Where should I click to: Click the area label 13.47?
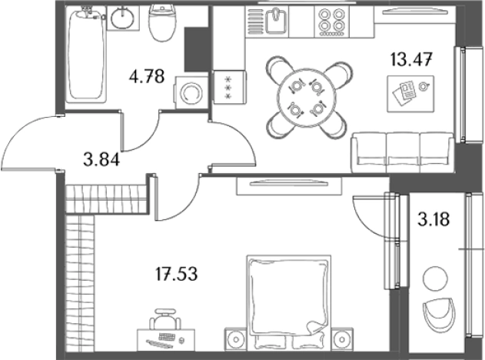coord(411,59)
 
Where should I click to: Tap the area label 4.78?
coord(147,76)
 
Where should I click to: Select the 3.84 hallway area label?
coord(101,160)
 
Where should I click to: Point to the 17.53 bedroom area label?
coord(176,274)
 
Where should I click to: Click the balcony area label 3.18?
coord(434,219)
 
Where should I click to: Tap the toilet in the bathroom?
coord(162,23)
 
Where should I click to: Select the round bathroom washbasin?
coord(123,18)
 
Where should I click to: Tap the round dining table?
coord(307,98)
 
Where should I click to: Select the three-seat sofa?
coord(403,152)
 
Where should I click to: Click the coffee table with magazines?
coord(410,94)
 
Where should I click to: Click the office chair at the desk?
coord(165,318)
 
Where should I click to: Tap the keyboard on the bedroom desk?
coord(167,337)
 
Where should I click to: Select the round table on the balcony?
coord(436,278)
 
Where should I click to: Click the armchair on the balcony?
coord(439,312)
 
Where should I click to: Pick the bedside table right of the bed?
coord(342,339)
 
